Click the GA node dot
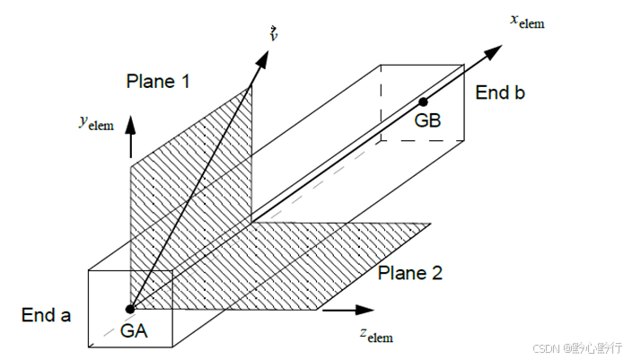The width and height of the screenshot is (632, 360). (130, 309)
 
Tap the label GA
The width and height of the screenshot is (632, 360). (134, 331)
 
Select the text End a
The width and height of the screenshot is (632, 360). (45, 315)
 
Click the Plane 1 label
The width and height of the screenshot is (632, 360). (158, 82)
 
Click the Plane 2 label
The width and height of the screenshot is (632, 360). (409, 273)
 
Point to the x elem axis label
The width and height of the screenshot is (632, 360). (527, 20)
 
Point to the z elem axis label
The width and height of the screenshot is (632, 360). (375, 337)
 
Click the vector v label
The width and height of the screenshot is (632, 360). (273, 34)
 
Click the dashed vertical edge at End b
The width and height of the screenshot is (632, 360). (381, 103)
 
